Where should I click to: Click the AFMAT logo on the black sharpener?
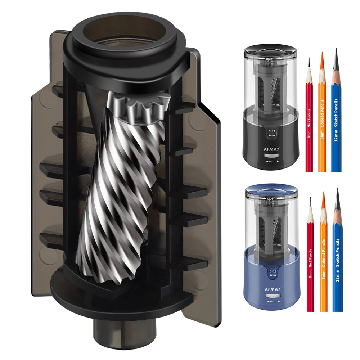pos(271,149)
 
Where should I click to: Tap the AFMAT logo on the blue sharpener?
pos(273,289)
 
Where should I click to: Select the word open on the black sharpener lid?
pos(270,59)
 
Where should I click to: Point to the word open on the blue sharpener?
pos(271,198)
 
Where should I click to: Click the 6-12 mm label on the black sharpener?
pos(272,133)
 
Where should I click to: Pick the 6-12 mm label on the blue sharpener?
pos(273,273)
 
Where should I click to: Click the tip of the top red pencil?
pos(309,58)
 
